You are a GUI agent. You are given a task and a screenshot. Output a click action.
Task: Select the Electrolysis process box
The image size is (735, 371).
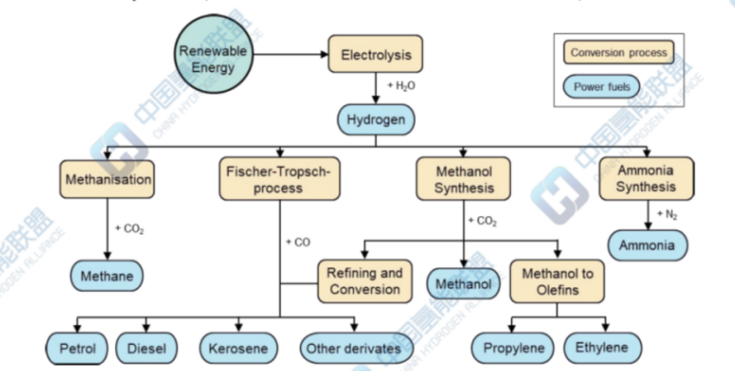pyautogui.click(x=376, y=55)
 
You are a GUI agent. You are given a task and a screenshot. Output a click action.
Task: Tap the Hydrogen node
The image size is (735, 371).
pyautogui.click(x=376, y=119)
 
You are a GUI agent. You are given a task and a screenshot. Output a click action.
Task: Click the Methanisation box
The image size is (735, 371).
pyautogui.click(x=107, y=179)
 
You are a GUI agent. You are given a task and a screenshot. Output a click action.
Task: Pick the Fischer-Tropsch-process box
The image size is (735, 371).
pyautogui.click(x=279, y=179)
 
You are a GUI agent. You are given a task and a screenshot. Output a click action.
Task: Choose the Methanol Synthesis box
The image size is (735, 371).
pyautogui.click(x=464, y=179)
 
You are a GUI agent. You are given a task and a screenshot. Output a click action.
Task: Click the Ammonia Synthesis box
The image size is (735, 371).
pyautogui.click(x=646, y=179)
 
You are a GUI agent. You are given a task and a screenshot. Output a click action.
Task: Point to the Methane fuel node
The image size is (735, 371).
pyautogui.click(x=107, y=276)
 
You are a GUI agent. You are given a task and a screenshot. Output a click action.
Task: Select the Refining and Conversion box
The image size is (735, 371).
pyautogui.click(x=364, y=281)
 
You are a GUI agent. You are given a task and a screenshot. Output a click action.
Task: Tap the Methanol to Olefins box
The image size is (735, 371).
pyautogui.click(x=557, y=281)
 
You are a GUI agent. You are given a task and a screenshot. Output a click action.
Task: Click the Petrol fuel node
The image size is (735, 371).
pyautogui.click(x=77, y=349)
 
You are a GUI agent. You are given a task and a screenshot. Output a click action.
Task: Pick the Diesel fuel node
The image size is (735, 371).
pyautogui.click(x=146, y=349)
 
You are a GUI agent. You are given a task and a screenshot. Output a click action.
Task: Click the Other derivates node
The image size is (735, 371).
pyautogui.click(x=353, y=349)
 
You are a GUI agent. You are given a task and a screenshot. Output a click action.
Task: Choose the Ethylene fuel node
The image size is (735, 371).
pyautogui.click(x=602, y=348)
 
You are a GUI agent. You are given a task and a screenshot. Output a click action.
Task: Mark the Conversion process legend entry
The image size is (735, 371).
pyautogui.click(x=618, y=54)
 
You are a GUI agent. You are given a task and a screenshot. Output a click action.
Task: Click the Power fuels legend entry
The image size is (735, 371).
pyautogui.click(x=602, y=86)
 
